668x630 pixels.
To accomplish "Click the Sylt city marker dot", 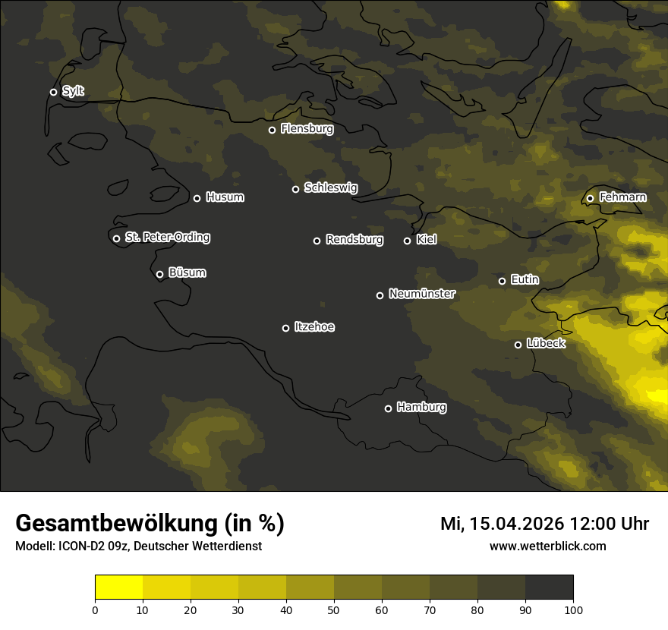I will click(53, 92).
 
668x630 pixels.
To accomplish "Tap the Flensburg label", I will click(307, 129).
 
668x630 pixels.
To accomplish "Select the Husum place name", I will click(225, 197).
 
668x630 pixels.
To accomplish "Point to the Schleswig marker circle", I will click(295, 189).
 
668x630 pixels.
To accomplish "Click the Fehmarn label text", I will click(622, 197).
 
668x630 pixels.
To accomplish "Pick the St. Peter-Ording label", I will click(167, 238).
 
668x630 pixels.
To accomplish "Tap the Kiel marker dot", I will click(407, 241).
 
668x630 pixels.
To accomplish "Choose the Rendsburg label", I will click(354, 240).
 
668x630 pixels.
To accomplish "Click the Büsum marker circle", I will click(159, 275).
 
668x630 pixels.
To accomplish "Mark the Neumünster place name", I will click(421, 294).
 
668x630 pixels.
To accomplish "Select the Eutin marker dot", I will click(502, 281).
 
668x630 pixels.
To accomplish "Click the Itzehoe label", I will click(314, 327).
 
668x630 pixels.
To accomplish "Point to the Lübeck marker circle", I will click(518, 345).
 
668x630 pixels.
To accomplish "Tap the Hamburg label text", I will click(421, 408).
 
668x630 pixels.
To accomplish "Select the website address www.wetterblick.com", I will click(547, 546).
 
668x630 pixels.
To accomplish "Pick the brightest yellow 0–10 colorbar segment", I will click(119, 587).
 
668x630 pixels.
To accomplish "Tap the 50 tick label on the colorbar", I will click(334, 610).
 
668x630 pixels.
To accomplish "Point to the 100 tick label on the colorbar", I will click(573, 610).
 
